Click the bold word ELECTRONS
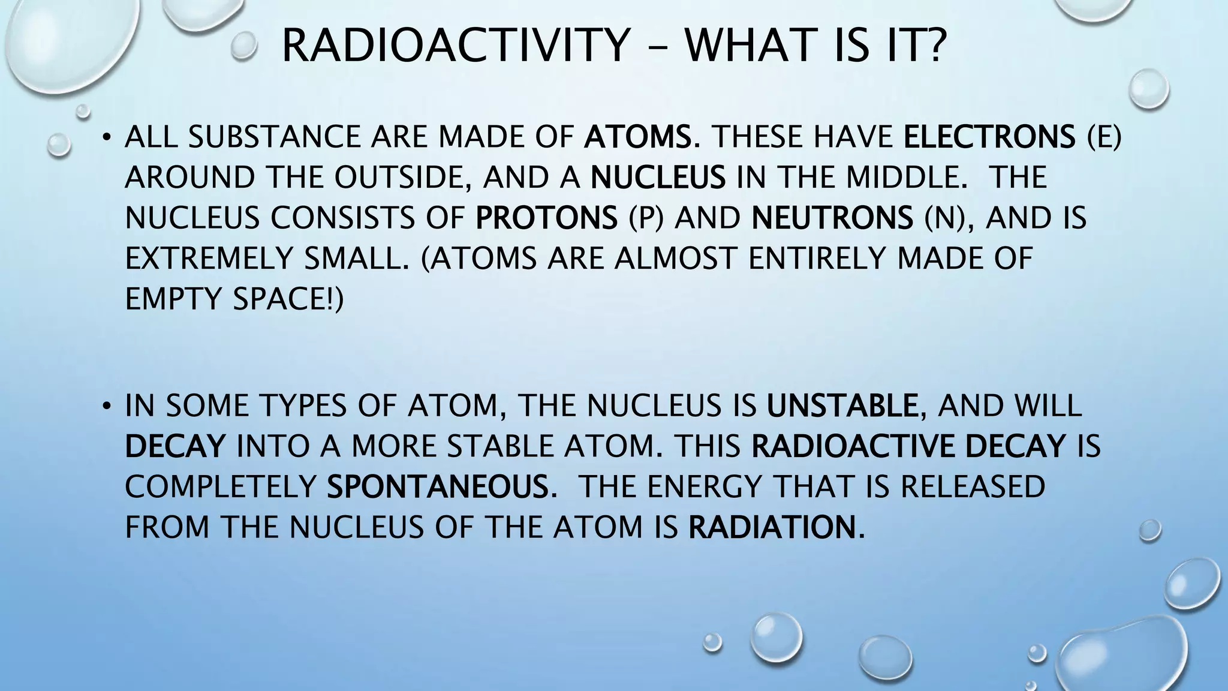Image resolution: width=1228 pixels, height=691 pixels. [x=989, y=137]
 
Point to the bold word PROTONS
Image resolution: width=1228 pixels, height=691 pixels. [x=546, y=218]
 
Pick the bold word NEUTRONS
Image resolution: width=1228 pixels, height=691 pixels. [x=832, y=218]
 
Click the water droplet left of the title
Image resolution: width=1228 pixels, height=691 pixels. [x=243, y=46]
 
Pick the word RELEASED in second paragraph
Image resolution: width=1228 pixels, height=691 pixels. [x=973, y=486]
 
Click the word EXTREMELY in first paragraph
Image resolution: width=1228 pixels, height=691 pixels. [x=209, y=259]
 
